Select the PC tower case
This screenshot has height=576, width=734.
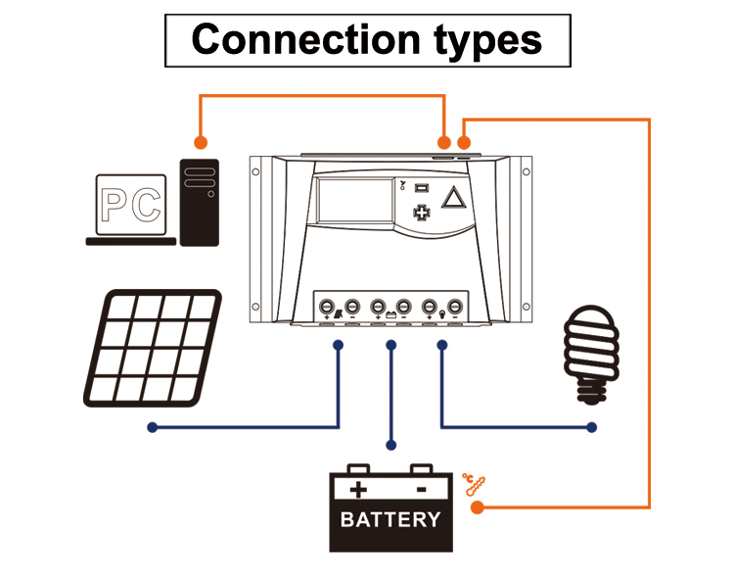(x=200, y=201)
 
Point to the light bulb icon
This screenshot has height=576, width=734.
(x=592, y=353)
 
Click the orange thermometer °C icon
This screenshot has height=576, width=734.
(x=473, y=483)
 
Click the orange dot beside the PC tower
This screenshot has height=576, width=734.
(x=201, y=141)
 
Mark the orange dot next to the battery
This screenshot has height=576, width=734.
(x=478, y=507)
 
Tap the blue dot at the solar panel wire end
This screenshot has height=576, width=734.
(x=153, y=427)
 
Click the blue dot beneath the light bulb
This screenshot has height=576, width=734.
(x=592, y=427)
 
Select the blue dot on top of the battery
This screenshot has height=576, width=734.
(x=391, y=446)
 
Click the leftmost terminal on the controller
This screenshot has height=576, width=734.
(x=327, y=305)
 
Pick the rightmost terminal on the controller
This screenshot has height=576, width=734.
(x=454, y=305)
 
